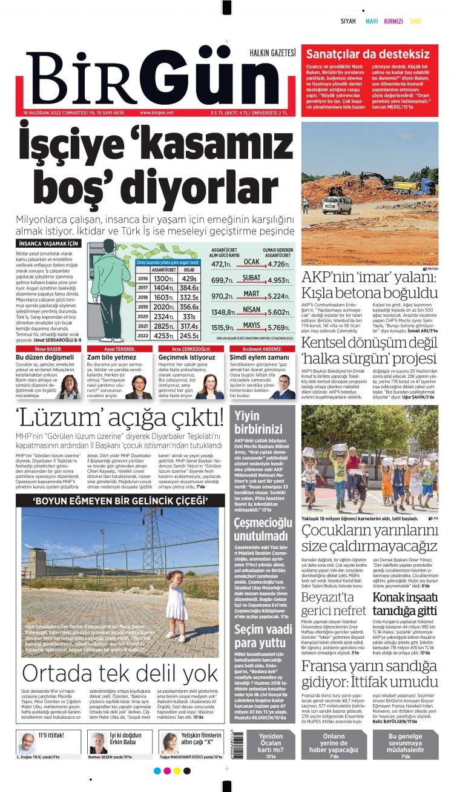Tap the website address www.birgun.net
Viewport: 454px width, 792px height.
point(156,113)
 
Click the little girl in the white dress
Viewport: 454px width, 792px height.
point(178,606)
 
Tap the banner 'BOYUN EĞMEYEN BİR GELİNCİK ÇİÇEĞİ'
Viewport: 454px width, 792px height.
point(121,500)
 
